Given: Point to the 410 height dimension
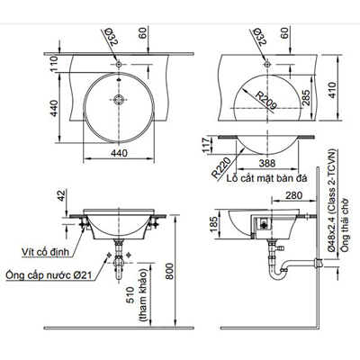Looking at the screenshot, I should [334, 91].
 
